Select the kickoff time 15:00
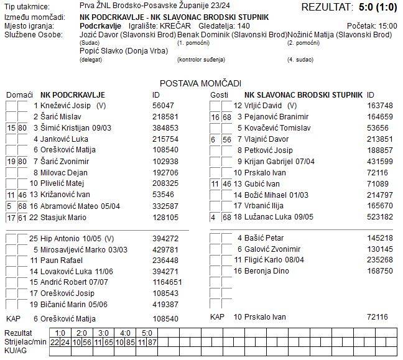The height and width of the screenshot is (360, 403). point(387,26)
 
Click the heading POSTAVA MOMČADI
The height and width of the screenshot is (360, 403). point(200,83)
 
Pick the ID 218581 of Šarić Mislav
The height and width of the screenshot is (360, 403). point(165,117)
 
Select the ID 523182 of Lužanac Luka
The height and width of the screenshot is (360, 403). point(380,218)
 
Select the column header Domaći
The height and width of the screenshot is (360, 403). point(19,95)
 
